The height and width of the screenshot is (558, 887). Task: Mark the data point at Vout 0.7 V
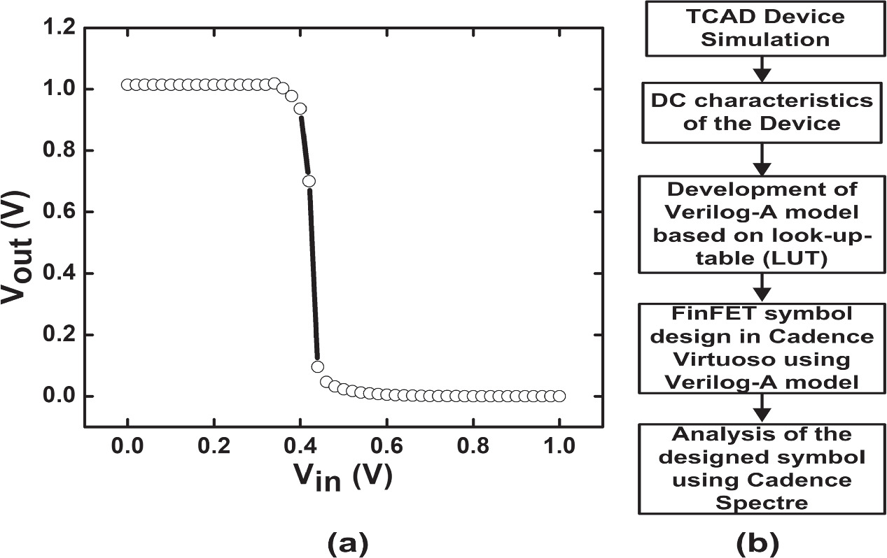coord(309,181)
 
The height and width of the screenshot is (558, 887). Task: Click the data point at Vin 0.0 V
coord(127,85)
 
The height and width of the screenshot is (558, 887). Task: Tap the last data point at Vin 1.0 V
coord(559,396)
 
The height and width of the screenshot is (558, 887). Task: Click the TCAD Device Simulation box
coord(761,29)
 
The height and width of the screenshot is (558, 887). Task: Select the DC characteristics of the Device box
coord(761,111)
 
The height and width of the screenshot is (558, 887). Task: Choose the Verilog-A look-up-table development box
coord(761,224)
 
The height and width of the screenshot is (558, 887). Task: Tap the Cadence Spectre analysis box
coord(761,467)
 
